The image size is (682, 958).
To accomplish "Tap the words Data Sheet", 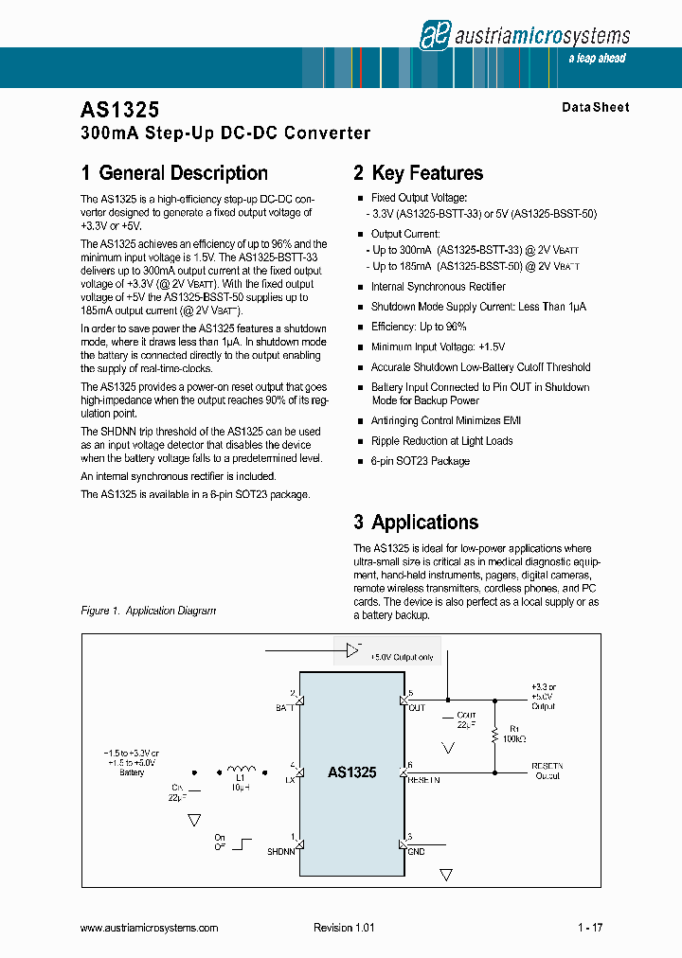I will point(595,108).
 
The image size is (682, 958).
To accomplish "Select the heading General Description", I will point(174,173).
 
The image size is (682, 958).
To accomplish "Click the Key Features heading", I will point(418,173).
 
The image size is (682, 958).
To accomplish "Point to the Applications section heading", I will point(416,523).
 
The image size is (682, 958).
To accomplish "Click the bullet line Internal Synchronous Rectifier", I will point(438,287).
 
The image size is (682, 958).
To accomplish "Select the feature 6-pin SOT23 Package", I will point(420,461).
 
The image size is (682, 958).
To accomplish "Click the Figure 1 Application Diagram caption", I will point(149,611).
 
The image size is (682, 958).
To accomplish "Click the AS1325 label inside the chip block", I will point(351,772).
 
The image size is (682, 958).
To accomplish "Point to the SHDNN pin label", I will point(281,852).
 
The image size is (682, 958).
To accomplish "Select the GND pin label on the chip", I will point(416,852).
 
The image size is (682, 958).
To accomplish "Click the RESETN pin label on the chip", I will point(422,781).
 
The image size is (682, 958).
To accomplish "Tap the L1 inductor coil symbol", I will point(240,770).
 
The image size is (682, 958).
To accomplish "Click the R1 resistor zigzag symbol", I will point(494,736).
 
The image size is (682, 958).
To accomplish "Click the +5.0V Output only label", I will point(402,657).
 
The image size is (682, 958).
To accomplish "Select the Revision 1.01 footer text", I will point(344,929).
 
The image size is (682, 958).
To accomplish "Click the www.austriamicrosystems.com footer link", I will point(150,929).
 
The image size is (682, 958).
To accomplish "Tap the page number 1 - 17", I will point(589,929).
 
